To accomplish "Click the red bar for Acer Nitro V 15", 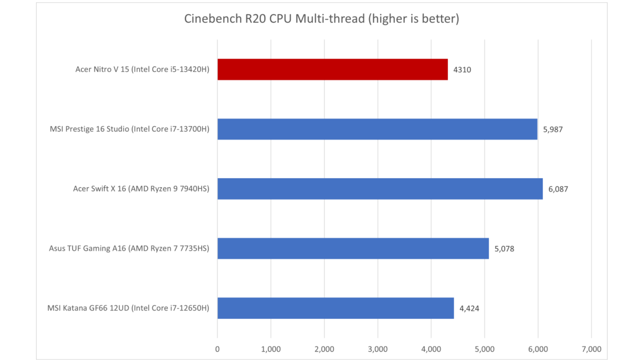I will pyautogui.click(x=332, y=69).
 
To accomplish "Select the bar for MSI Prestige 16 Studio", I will pyautogui.click(x=377, y=129).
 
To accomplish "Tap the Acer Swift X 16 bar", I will pyautogui.click(x=380, y=189).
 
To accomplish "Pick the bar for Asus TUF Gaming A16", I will pyautogui.click(x=353, y=248).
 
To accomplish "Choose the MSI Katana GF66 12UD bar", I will pyautogui.click(x=336, y=308).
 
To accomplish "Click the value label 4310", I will pyautogui.click(x=462, y=70).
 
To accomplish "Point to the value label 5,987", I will pyautogui.click(x=553, y=129).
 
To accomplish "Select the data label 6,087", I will pyautogui.click(x=558, y=189).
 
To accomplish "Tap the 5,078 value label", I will pyautogui.click(x=504, y=249).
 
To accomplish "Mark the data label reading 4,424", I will pyautogui.click(x=469, y=308).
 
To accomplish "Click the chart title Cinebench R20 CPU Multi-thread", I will pyautogui.click(x=321, y=19).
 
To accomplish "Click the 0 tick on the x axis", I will pyautogui.click(x=217, y=349).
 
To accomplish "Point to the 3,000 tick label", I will pyautogui.click(x=378, y=349).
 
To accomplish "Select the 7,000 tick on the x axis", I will pyautogui.click(x=591, y=349).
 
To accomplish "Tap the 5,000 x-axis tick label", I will pyautogui.click(x=484, y=349).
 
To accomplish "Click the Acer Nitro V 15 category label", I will pyautogui.click(x=142, y=69).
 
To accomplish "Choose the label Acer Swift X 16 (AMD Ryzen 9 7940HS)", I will pyautogui.click(x=141, y=189).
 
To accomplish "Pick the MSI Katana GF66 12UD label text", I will pyautogui.click(x=128, y=308).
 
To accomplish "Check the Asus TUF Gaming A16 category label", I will pyautogui.click(x=129, y=248).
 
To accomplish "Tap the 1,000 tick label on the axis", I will pyautogui.click(x=271, y=349).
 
